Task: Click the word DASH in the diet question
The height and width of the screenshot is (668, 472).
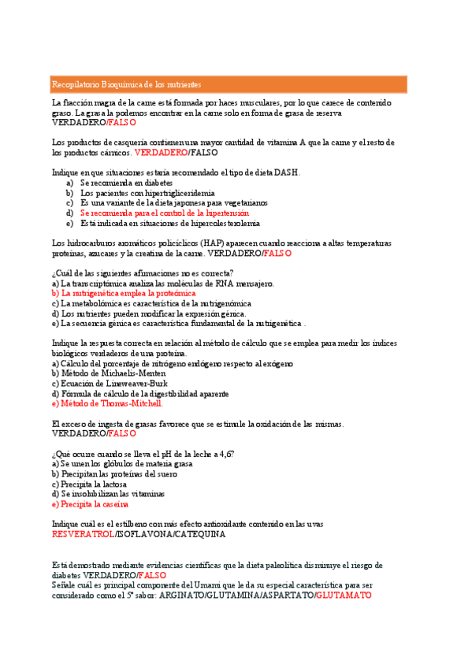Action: point(286,172)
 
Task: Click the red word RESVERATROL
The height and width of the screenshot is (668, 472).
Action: point(82,535)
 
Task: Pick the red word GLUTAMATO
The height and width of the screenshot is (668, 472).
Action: point(343,596)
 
